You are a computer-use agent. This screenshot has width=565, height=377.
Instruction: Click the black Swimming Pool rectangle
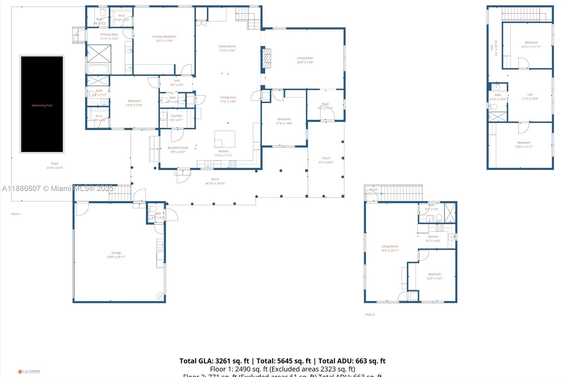[x=42, y=104]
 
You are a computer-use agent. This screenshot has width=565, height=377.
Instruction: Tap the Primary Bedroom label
[x=164, y=39]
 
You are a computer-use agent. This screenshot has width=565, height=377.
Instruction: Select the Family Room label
[x=227, y=48]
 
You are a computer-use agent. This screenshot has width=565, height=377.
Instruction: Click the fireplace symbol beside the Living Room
[x=267, y=58]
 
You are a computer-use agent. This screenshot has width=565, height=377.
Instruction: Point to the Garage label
[x=116, y=255]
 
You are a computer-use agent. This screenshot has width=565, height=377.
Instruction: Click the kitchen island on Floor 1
[x=225, y=139]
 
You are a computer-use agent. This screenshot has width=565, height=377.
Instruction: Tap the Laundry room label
[x=176, y=117]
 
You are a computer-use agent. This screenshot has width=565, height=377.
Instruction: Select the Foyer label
[x=325, y=106]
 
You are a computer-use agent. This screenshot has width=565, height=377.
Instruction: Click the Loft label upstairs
[x=530, y=97]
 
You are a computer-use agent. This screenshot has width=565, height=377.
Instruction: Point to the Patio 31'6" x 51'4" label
[x=55, y=166]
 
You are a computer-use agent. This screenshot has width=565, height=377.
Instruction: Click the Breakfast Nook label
[x=178, y=150]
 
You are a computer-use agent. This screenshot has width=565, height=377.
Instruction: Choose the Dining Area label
[x=228, y=99]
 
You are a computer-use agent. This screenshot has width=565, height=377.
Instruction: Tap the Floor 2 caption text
[x=370, y=314]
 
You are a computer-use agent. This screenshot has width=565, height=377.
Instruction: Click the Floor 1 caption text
[x=16, y=214]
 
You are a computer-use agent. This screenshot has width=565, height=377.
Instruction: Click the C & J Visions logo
[x=29, y=371]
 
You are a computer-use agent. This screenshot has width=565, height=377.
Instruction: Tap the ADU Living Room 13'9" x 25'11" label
[x=389, y=248]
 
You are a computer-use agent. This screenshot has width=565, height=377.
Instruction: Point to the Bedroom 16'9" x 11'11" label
[x=524, y=145]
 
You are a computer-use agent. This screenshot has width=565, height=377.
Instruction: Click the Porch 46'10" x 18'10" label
[x=215, y=181]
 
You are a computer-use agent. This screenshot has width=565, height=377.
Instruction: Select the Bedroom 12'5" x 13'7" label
[x=434, y=276]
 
